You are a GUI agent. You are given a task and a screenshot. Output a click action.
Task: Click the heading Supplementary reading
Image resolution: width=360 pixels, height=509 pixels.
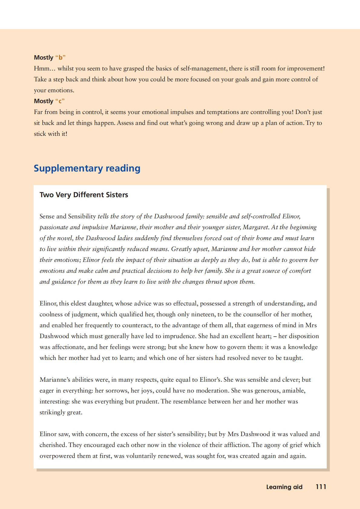pos(87,168)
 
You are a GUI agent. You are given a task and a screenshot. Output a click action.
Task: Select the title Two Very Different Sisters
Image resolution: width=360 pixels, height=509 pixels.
pos(84,195)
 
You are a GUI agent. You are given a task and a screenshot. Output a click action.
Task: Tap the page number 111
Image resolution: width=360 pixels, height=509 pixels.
pos(321,487)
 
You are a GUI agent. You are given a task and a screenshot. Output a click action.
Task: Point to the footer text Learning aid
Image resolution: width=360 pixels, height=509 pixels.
pos(284,487)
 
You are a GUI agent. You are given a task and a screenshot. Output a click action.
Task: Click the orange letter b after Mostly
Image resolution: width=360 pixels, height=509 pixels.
pos(61,57)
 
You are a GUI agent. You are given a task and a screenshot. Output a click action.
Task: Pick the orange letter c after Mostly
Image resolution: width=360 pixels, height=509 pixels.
pos(60,101)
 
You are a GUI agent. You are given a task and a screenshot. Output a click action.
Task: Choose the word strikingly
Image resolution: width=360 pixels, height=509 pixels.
pos(52,412)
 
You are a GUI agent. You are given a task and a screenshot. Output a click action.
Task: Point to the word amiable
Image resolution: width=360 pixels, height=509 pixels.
pos(293,390)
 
